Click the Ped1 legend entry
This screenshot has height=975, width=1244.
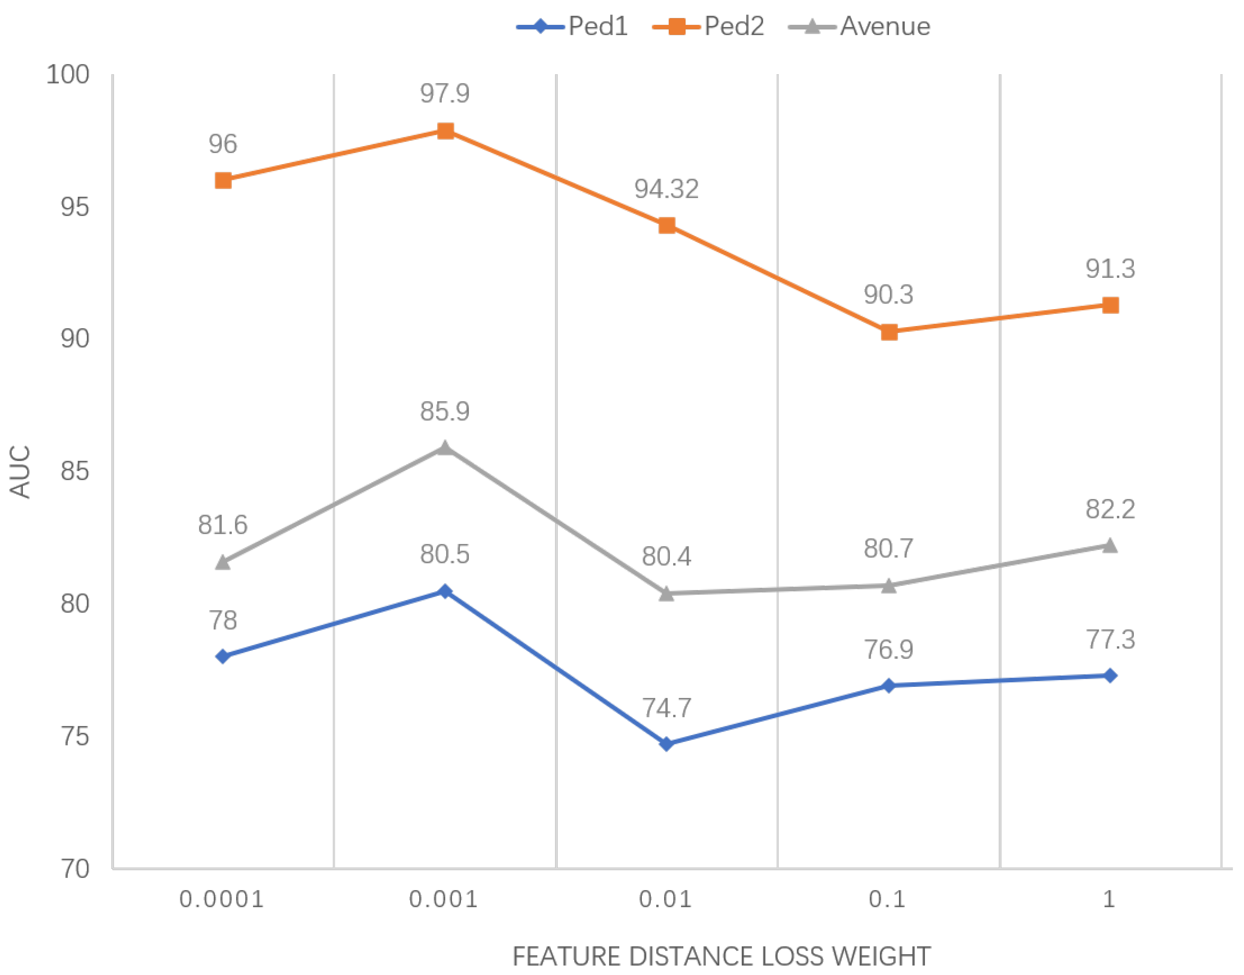(x=572, y=26)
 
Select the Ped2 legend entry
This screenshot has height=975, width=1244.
(x=708, y=26)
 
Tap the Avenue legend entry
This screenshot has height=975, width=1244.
(x=860, y=26)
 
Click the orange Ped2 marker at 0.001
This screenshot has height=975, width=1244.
(x=445, y=131)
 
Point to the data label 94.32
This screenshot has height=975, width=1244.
(x=666, y=189)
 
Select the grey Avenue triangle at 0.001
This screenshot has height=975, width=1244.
(x=445, y=448)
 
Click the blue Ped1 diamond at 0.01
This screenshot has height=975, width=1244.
(x=666, y=744)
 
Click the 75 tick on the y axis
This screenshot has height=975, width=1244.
(x=75, y=736)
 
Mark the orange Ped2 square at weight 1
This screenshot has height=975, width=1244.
(x=1110, y=305)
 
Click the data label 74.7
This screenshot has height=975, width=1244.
(x=666, y=708)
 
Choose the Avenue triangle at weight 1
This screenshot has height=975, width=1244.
(x=1110, y=546)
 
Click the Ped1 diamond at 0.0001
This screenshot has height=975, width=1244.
(x=223, y=657)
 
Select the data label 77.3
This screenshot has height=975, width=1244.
(x=1110, y=639)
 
